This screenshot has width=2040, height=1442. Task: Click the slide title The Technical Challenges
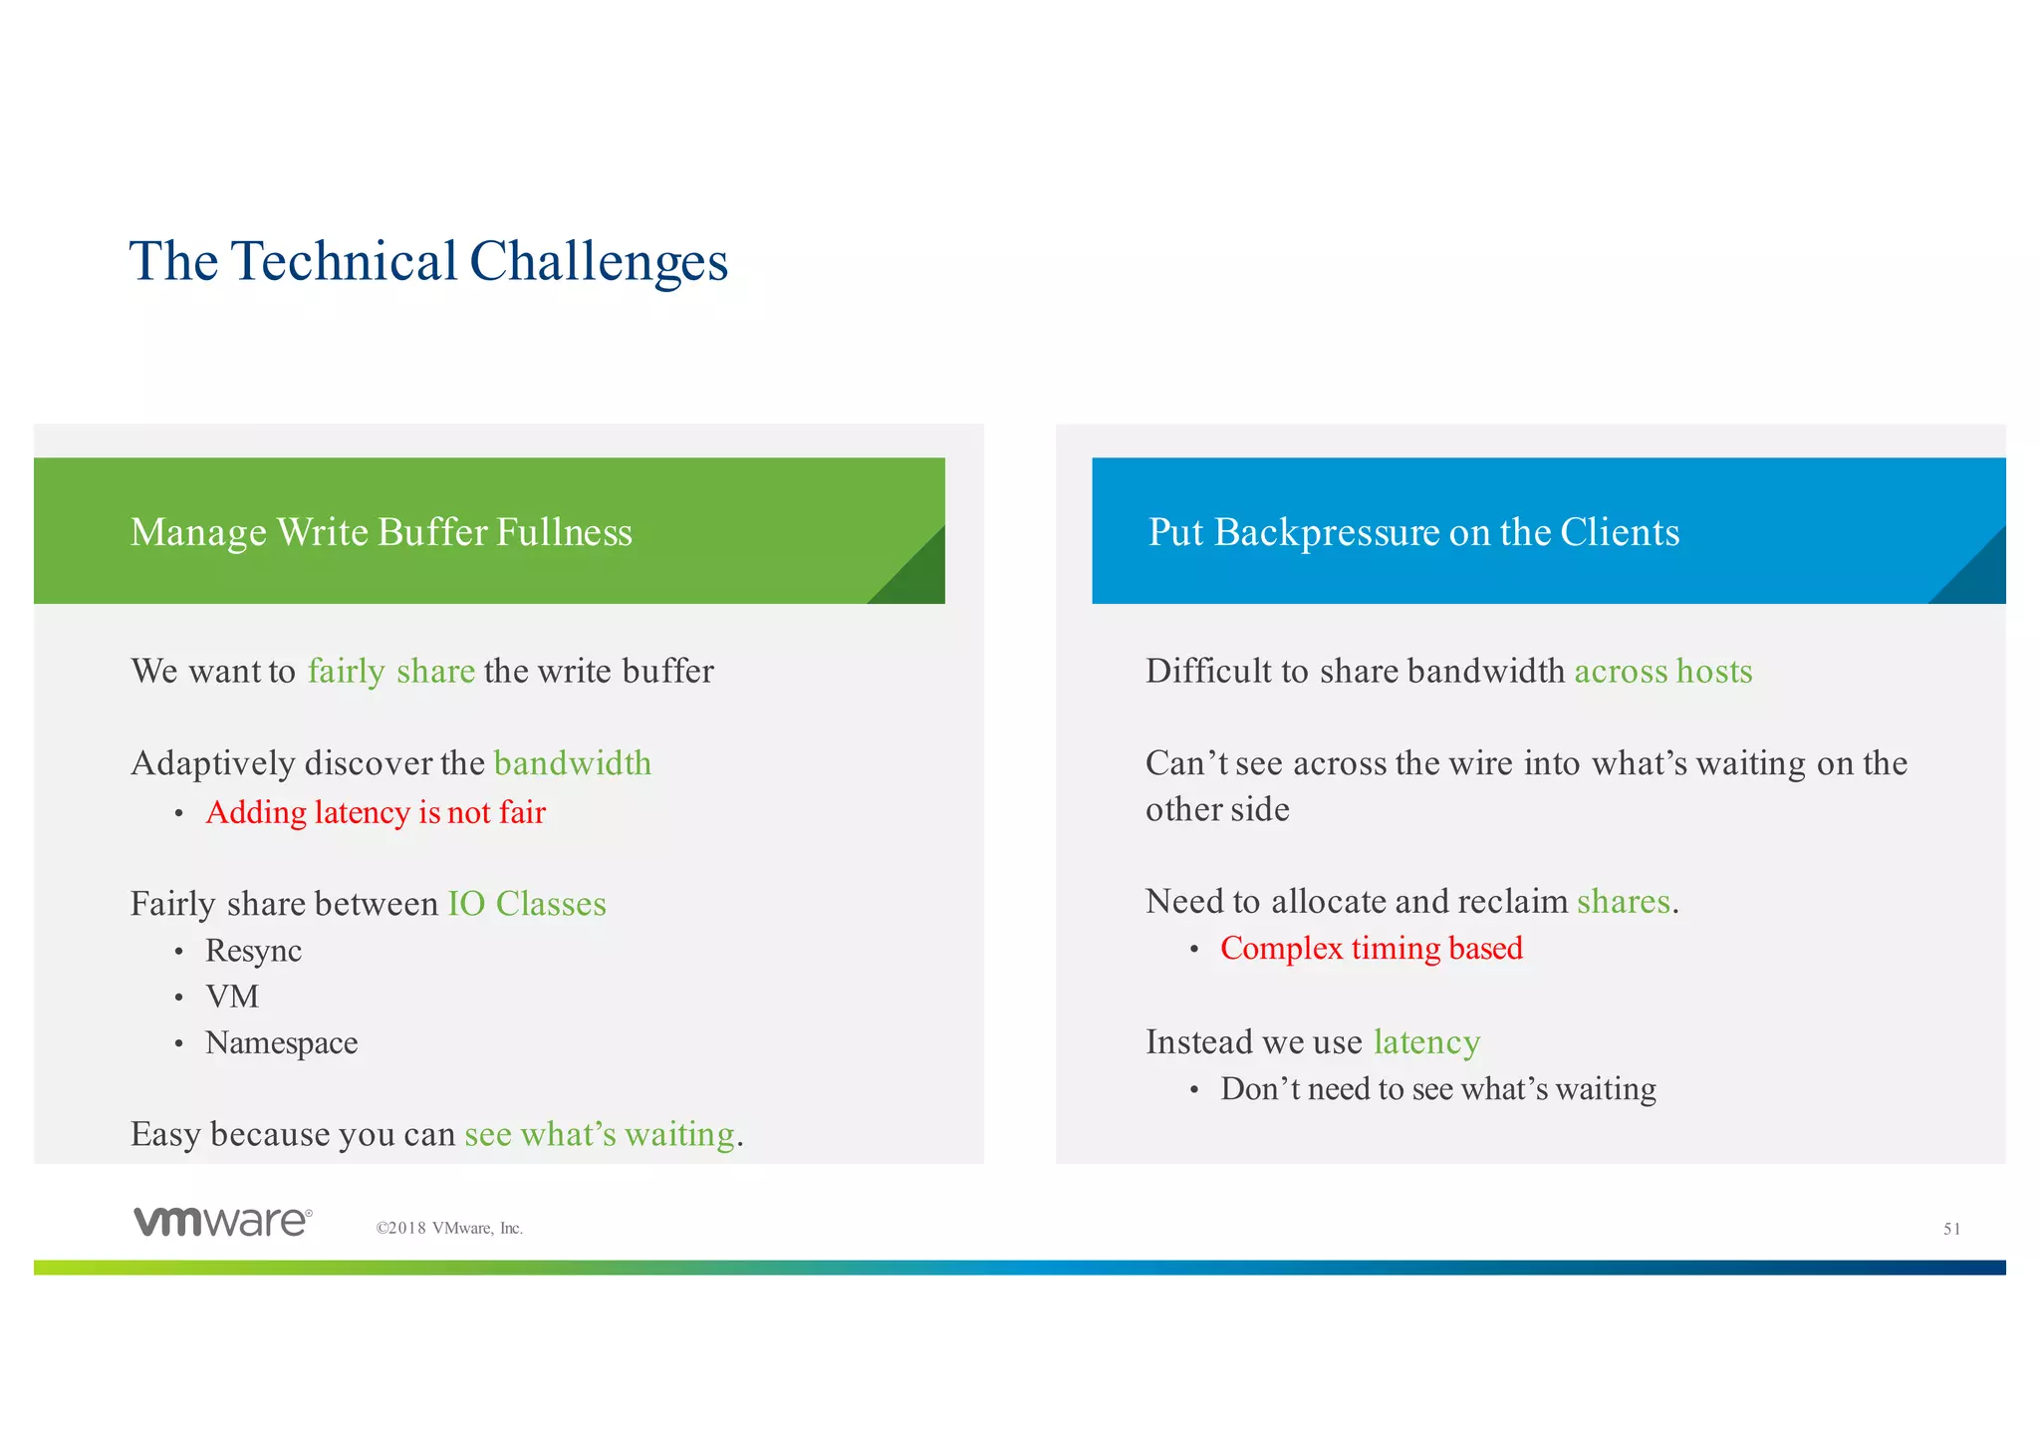[428, 262]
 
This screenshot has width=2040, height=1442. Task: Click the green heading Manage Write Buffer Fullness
[382, 532]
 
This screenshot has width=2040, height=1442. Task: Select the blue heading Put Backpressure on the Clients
[1413, 532]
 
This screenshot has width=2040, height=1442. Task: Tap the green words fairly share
[390, 671]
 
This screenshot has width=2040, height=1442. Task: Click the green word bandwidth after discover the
[573, 763]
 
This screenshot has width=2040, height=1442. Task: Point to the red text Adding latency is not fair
[376, 812]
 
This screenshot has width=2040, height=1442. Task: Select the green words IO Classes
[527, 904]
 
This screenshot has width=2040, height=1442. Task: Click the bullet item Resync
[253, 951]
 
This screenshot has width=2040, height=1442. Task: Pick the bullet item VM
[232, 997]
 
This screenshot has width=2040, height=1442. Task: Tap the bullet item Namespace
[281, 1043]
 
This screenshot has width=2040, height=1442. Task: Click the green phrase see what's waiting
[600, 1135]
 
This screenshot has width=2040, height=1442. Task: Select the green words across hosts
[1662, 671]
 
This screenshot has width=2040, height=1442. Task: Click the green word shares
[1623, 902]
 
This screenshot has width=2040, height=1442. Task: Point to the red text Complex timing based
[1371, 948]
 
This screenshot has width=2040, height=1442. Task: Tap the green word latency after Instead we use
[1426, 1042]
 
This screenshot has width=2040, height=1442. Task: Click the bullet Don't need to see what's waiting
[1437, 1089]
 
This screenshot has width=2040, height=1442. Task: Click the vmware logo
[223, 1222]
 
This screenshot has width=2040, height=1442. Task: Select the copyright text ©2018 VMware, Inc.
[449, 1229]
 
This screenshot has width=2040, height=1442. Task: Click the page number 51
[1951, 1230]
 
